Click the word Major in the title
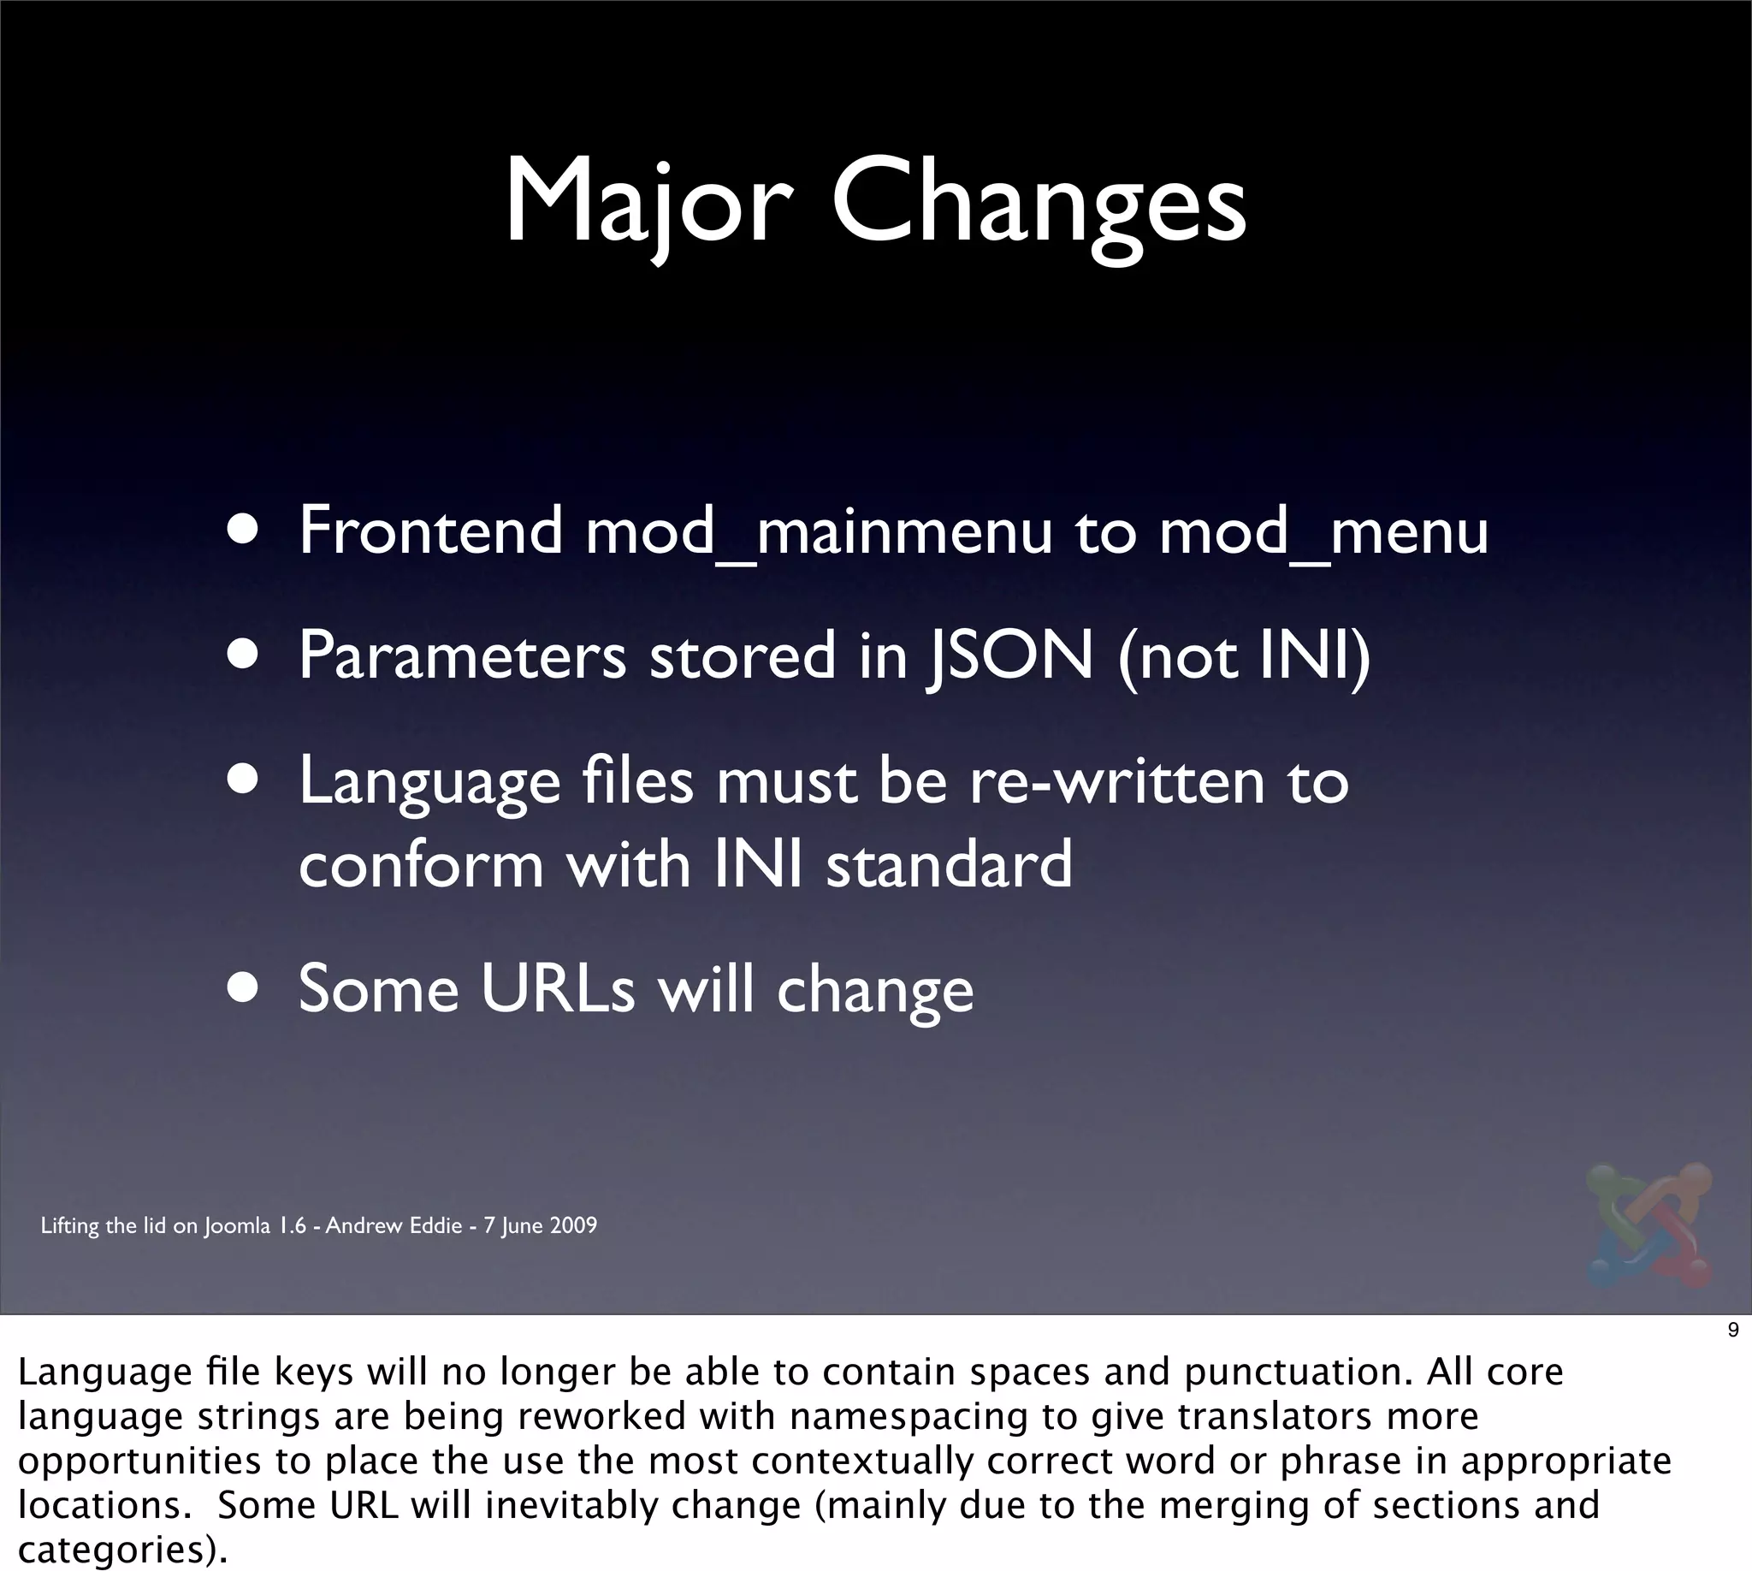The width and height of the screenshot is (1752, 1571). (648, 204)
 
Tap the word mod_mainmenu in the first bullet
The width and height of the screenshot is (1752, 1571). (818, 531)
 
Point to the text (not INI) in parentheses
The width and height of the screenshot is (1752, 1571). (1243, 657)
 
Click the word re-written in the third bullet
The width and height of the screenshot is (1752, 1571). (1116, 782)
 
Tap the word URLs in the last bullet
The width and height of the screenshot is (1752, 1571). (558, 989)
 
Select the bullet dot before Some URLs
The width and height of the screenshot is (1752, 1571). (245, 989)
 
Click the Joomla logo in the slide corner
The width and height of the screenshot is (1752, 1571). (1648, 1226)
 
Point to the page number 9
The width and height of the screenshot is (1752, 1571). (1732, 1331)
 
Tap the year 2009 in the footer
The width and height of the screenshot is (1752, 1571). (573, 1225)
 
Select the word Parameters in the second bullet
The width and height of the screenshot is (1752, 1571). (462, 657)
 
